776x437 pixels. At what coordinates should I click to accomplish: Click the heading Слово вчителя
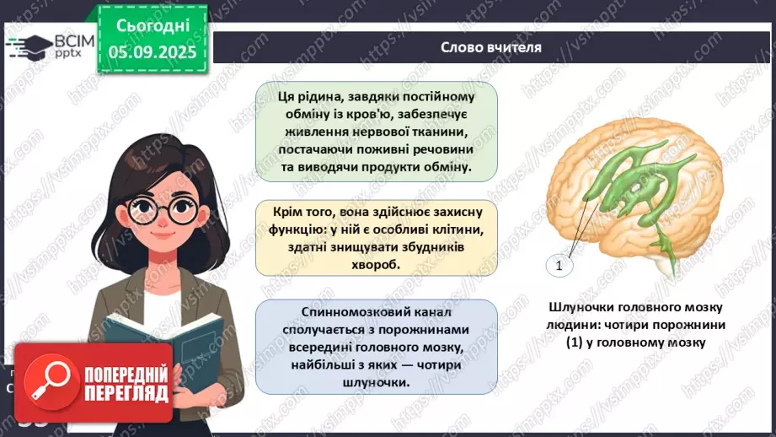490,47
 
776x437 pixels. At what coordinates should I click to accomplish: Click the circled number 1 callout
558,267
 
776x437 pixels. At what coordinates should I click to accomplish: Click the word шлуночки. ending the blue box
377,382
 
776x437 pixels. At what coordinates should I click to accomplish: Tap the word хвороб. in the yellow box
376,263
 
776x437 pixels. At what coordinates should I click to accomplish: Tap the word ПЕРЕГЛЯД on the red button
127,390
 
